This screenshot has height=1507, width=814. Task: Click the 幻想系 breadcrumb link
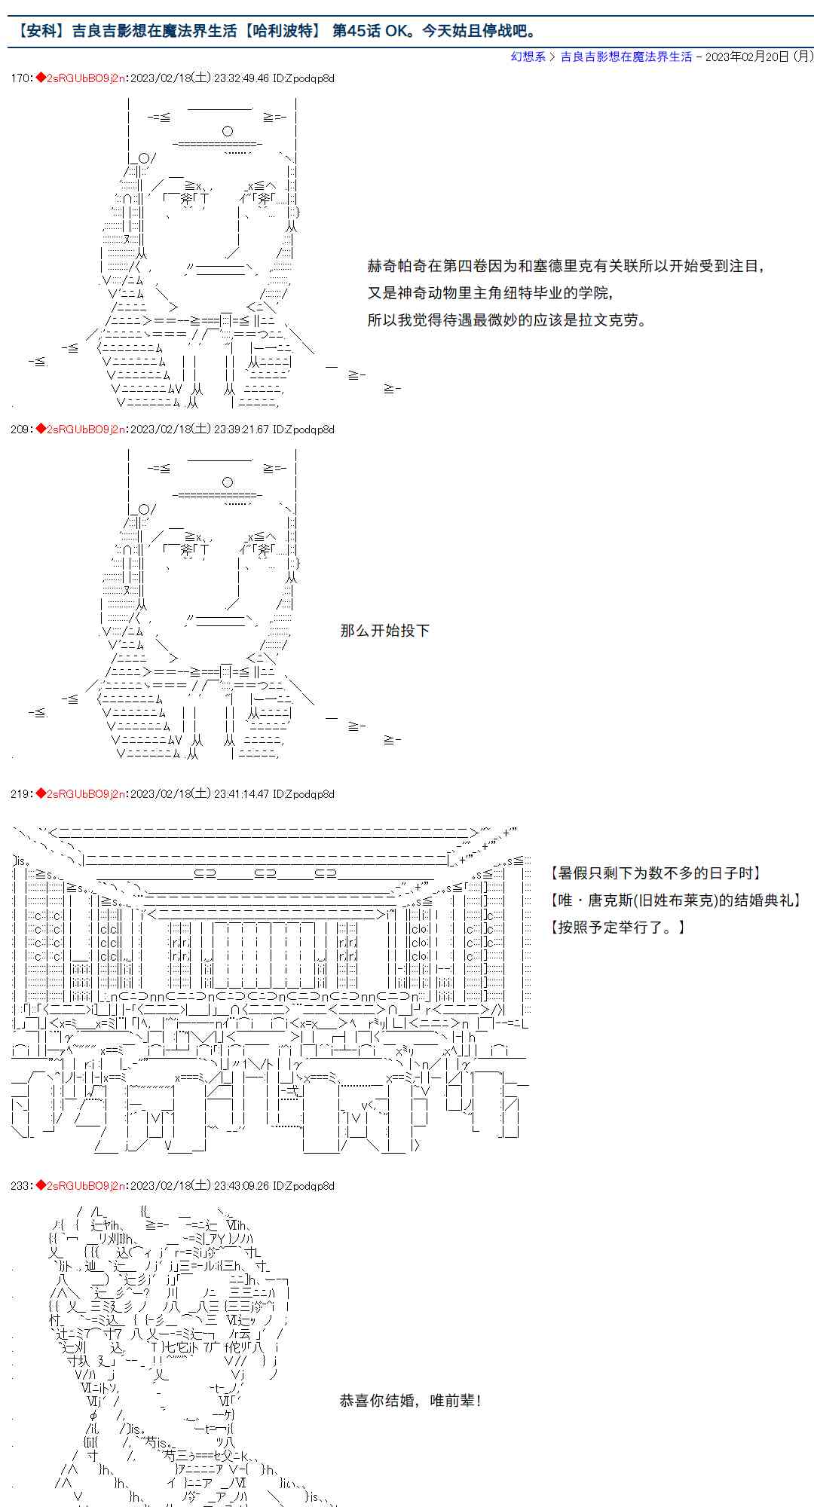pos(528,57)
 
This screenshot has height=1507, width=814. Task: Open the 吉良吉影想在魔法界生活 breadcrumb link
pos(626,57)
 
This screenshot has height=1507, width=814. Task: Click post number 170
pos(20,78)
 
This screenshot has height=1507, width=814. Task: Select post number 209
pos(20,429)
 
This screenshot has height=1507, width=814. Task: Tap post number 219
pos(20,794)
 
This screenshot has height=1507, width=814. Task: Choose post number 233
pos(20,1186)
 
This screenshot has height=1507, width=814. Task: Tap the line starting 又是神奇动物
pos(490,293)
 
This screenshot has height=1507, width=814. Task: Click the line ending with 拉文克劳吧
pos(507,320)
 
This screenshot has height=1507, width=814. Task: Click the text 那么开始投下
pos(384,631)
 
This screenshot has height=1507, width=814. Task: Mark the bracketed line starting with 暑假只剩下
pos(656,873)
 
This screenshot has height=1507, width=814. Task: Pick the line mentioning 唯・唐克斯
pos(676,900)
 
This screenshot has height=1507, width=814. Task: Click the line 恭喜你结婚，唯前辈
pos(411,1401)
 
